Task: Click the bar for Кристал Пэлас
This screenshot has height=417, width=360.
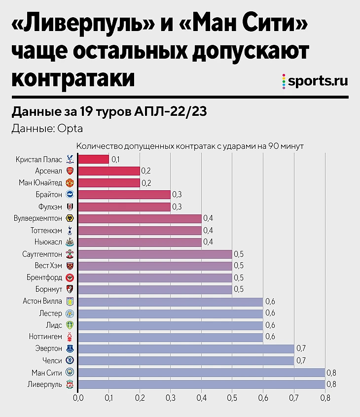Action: pos(94,159)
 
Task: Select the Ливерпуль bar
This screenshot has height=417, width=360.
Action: pos(201,384)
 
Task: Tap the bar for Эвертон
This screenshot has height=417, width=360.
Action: pos(186,348)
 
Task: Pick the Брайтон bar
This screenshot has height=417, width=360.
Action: pos(124,195)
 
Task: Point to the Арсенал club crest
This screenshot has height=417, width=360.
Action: pos(70,171)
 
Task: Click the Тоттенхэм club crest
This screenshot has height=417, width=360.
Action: pos(70,230)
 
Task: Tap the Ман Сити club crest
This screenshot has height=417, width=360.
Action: pos(70,372)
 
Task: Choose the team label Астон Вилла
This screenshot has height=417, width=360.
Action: pos(42,301)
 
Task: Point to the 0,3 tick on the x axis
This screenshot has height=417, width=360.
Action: pos(170,397)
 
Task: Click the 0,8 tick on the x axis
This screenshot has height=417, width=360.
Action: pos(324,397)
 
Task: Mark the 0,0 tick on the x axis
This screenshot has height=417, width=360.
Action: pos(78,397)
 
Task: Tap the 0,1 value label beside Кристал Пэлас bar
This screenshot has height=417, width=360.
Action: pos(116,159)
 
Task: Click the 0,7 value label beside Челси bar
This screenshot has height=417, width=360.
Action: pos(301,360)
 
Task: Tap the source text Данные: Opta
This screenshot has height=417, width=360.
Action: pos(47,129)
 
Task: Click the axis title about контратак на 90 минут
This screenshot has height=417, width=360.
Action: pos(189,146)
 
